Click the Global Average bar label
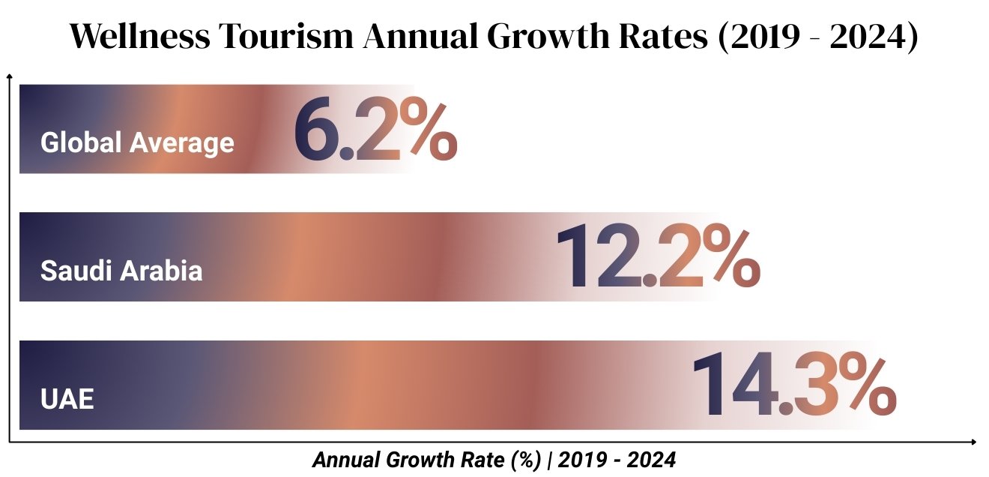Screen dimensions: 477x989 pyautogui.click(x=137, y=142)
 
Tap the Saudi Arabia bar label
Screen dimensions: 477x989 pyautogui.click(x=121, y=271)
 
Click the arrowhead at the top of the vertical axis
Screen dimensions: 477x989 pyautogui.click(x=9, y=76)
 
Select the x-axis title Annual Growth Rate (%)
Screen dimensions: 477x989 pyautogui.click(x=426, y=460)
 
